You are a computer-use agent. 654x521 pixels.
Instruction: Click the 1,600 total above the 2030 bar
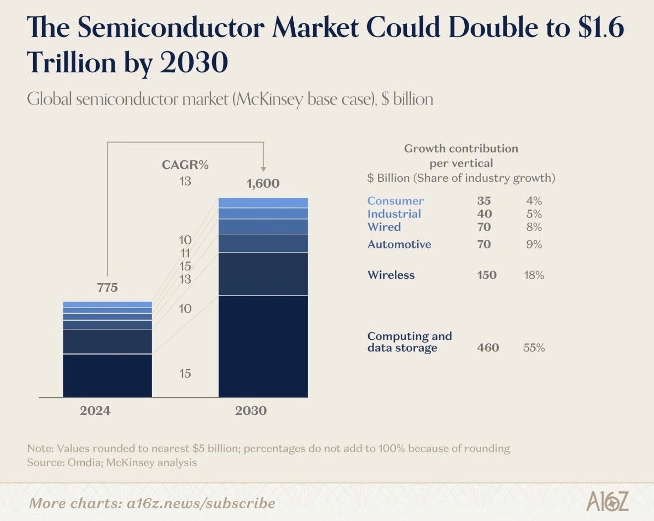(263, 184)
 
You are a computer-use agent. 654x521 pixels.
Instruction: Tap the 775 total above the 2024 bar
(108, 288)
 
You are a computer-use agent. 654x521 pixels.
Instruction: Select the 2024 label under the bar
(95, 411)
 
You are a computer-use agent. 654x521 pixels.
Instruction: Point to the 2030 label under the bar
(251, 411)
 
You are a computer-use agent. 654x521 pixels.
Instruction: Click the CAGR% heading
(185, 165)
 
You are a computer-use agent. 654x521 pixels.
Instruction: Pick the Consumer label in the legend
(395, 201)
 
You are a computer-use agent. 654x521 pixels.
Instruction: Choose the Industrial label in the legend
(394, 214)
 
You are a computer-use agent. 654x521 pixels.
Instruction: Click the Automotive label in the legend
(399, 245)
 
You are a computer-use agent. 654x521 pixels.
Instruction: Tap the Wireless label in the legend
(391, 275)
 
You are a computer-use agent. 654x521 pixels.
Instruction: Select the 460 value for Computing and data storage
(488, 348)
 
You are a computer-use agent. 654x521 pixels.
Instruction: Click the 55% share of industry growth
(534, 348)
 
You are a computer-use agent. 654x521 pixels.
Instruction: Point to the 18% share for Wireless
(534, 275)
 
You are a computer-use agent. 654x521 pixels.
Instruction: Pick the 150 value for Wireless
(487, 275)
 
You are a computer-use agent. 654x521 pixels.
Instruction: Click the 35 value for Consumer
(484, 201)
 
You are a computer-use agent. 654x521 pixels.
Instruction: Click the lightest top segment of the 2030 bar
(263, 203)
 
